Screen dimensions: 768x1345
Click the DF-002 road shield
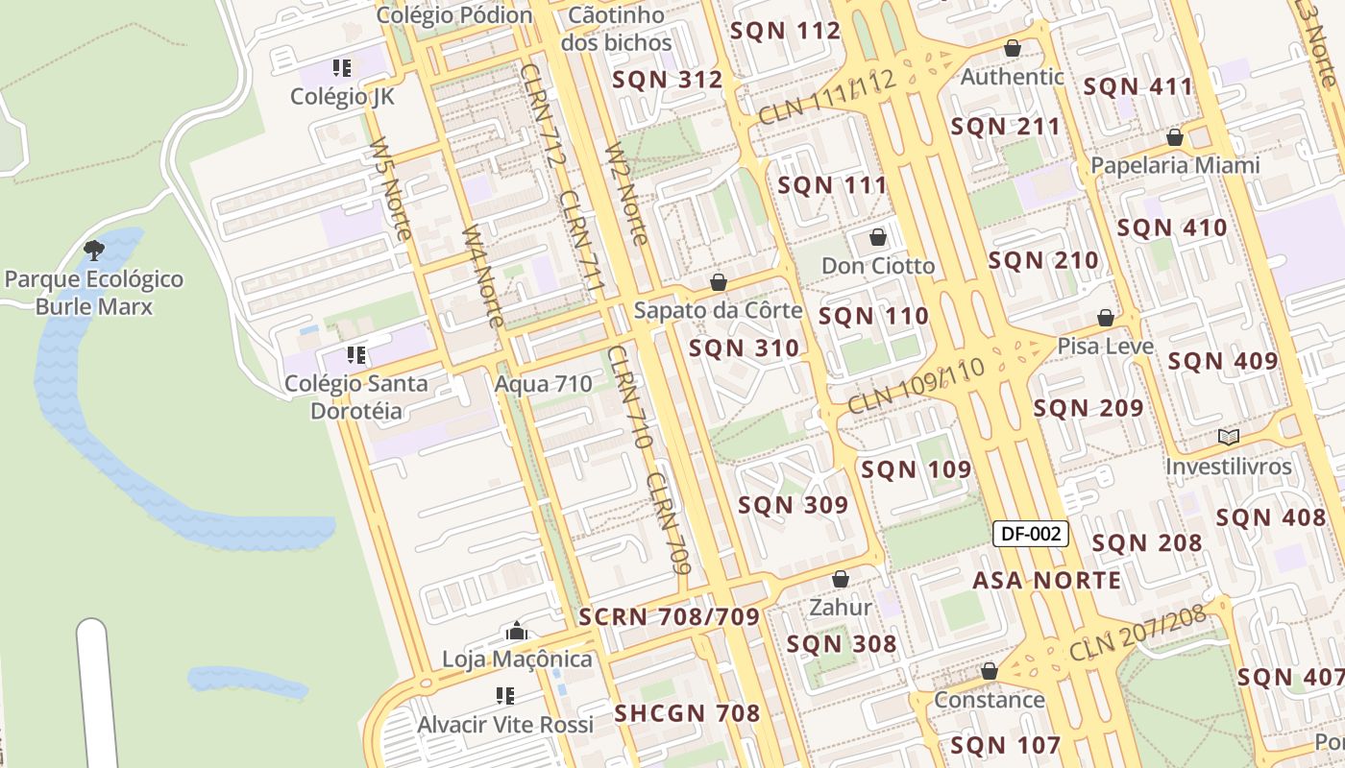[1030, 535]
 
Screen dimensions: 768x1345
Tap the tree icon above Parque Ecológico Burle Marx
[94, 252]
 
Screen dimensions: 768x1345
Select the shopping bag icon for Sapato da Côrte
[718, 283]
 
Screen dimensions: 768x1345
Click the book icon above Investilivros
[1228, 438]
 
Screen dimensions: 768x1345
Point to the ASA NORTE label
[1046, 580]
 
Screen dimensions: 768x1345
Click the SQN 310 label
[744, 348]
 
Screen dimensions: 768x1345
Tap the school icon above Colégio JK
[342, 68]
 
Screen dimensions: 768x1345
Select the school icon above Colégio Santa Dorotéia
[356, 355]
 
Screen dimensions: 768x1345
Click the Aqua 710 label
[543, 384]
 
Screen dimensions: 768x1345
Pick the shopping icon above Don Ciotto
[877, 237]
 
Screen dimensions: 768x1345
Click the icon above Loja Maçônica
[517, 632]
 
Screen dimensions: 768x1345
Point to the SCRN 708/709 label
[669, 616]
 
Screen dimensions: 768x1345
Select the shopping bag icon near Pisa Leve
[1106, 318]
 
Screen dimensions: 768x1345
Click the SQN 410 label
[1172, 228]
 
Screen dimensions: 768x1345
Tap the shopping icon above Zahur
[841, 579]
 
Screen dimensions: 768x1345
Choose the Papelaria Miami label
[1175, 165]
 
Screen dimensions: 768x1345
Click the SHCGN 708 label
[687, 713]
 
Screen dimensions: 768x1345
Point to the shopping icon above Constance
[989, 671]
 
